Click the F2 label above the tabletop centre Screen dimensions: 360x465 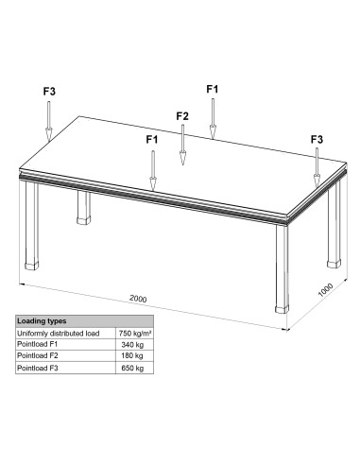pyautogui.click(x=182, y=116)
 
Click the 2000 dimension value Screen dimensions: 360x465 pyautogui.click(x=138, y=299)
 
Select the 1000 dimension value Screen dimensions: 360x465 pyautogui.click(x=325, y=290)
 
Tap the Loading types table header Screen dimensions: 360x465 pyautogui.click(x=42, y=321)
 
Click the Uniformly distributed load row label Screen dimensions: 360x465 pyautogui.click(x=58, y=334)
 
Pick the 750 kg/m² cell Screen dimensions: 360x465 pyautogui.click(x=135, y=334)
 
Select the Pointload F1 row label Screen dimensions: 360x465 pyautogui.click(x=37, y=344)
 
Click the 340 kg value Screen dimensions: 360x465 pyautogui.click(x=132, y=345)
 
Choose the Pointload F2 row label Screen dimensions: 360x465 pyautogui.click(x=38, y=355)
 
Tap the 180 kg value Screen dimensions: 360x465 pyautogui.click(x=132, y=355)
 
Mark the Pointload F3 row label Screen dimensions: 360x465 pyautogui.click(x=38, y=368)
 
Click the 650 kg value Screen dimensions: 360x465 pyautogui.click(x=132, y=368)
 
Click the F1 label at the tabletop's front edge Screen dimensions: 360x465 pyautogui.click(x=152, y=139)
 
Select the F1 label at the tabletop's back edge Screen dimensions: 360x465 pyautogui.click(x=213, y=89)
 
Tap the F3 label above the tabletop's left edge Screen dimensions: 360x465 pyautogui.click(x=49, y=92)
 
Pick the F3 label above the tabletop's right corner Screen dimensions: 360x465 pyautogui.click(x=317, y=139)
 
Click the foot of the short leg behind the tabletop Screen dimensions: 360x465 pyautogui.click(x=84, y=219)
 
